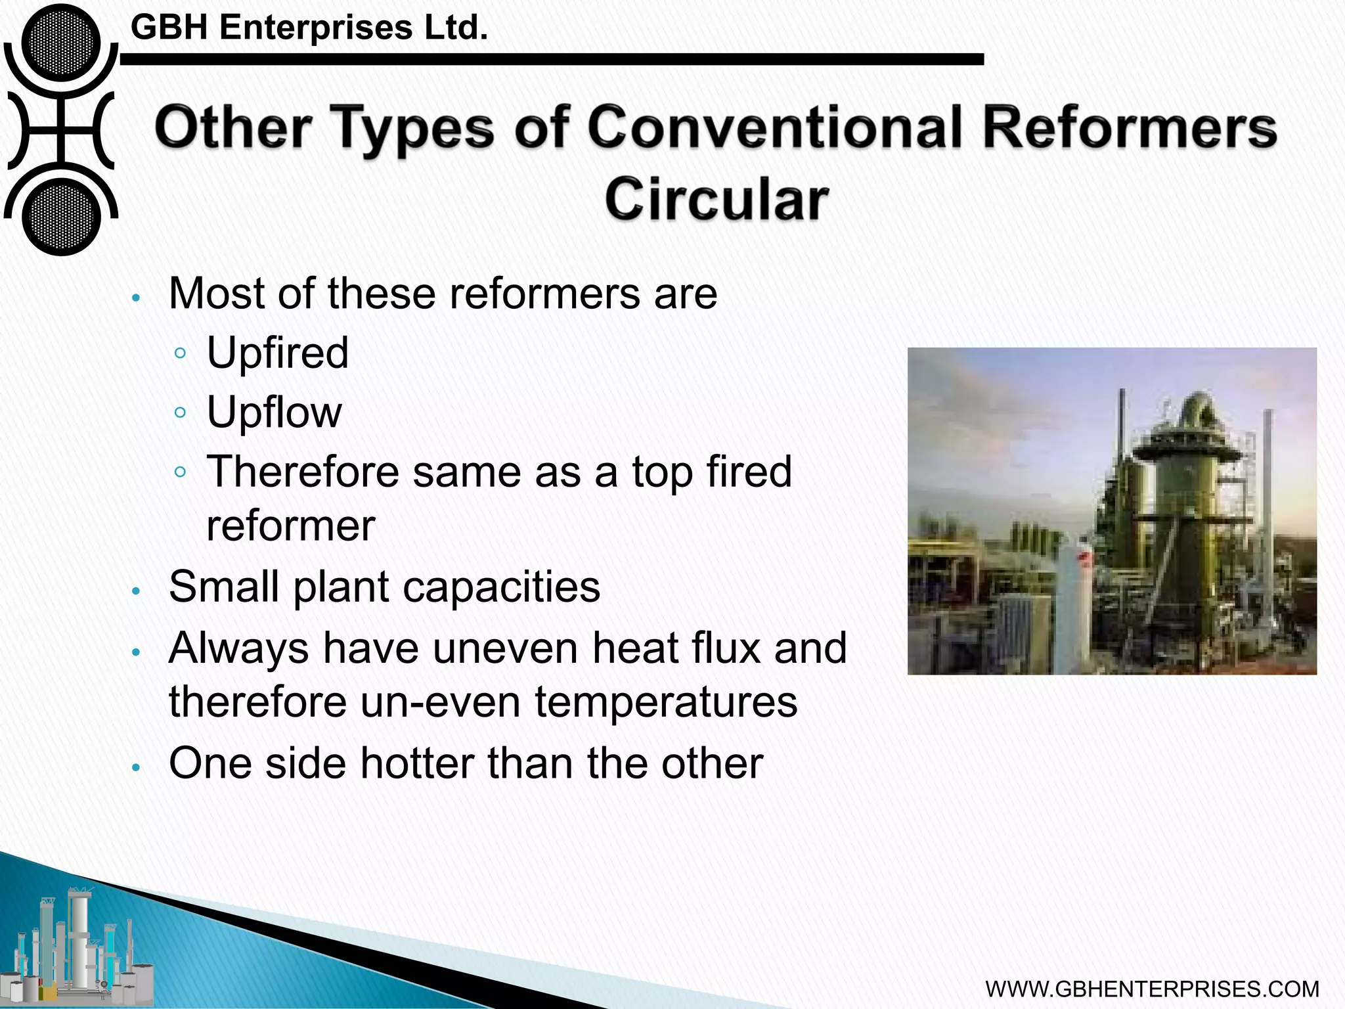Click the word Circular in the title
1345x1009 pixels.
[716, 199]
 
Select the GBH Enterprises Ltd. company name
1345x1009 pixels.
[309, 28]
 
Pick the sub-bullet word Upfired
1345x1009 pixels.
[277, 353]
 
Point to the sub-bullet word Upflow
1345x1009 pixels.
[274, 413]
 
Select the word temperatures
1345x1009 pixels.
[666, 702]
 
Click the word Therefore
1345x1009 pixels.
[303, 472]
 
